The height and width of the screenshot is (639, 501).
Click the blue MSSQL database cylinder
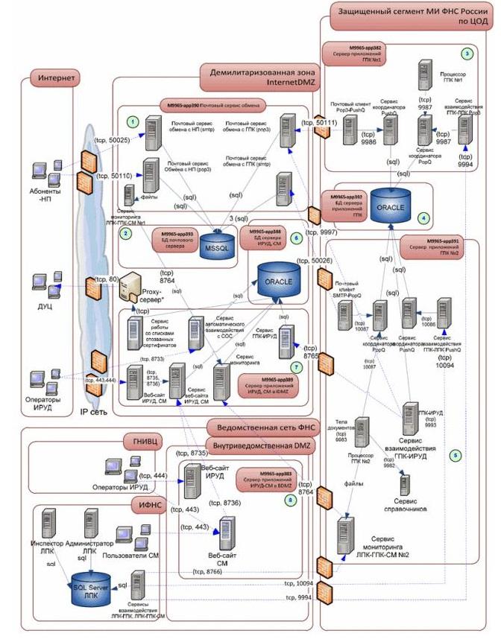coord(219,247)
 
